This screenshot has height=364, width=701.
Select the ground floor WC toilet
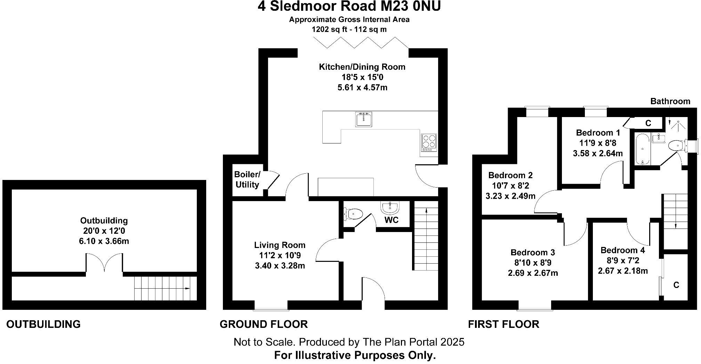[x=354, y=213]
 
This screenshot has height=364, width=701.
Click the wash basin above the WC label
[x=390, y=208]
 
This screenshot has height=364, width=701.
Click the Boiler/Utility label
[x=247, y=180]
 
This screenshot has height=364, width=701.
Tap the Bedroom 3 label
[x=532, y=252]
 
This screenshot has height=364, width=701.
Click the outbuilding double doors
[x=104, y=263]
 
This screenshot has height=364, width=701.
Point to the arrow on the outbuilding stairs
[x=187, y=289]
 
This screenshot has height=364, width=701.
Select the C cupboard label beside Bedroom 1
[x=648, y=123]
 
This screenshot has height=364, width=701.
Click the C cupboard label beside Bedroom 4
[x=676, y=285]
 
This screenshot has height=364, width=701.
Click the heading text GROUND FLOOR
[x=264, y=324]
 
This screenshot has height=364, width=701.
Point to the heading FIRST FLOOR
[x=503, y=324]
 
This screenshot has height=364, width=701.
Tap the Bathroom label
[x=670, y=101]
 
